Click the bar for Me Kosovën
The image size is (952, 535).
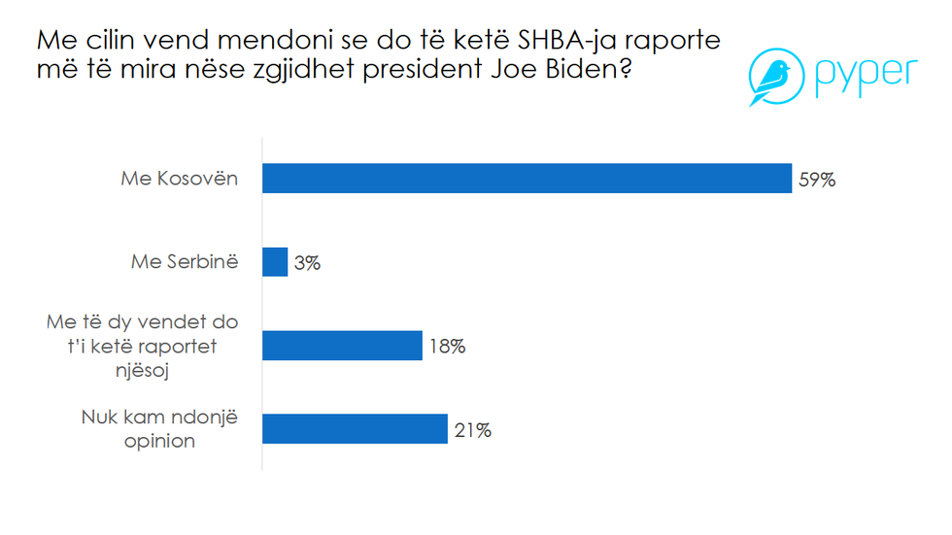[527, 179]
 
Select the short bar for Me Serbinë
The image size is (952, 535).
[276, 262]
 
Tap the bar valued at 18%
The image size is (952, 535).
[343, 346]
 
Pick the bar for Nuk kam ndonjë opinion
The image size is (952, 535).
[356, 429]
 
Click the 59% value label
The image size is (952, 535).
[816, 180]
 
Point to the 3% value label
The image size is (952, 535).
[308, 263]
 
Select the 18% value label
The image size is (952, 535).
[446, 347]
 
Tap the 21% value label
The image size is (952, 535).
[471, 430]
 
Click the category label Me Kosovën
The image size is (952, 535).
[180, 179]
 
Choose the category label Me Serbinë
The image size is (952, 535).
[185, 262]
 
